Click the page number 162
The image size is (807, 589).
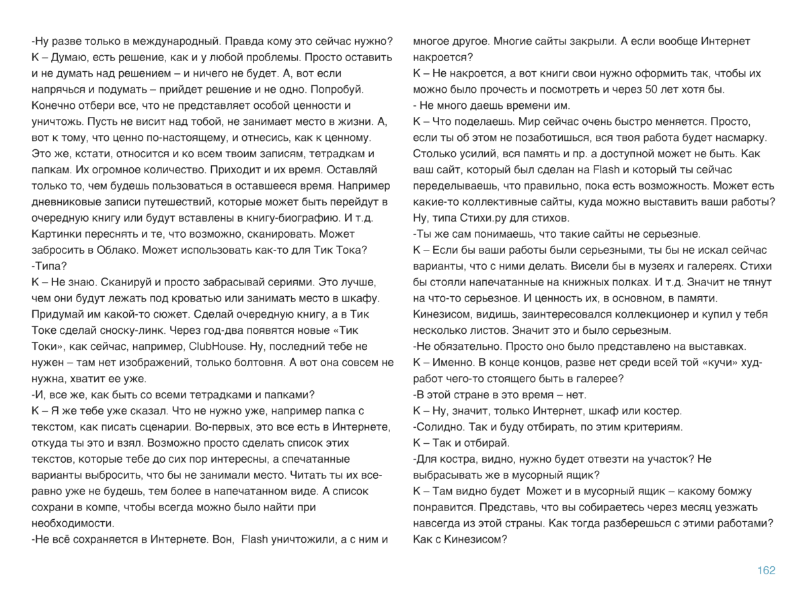(x=766, y=570)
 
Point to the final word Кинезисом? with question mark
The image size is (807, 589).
(x=474, y=539)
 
